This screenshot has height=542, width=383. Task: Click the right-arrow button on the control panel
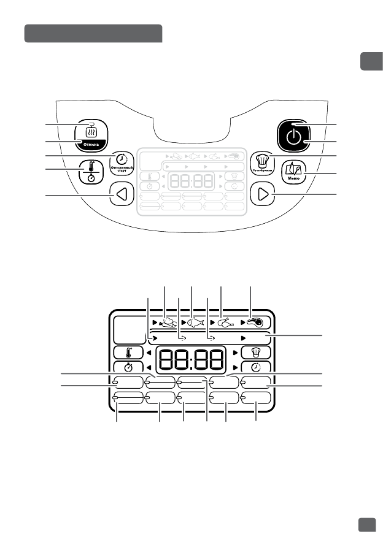[x=263, y=196]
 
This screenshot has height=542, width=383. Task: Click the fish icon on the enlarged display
[x=195, y=321]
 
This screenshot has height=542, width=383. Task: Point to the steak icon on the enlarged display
[x=253, y=322]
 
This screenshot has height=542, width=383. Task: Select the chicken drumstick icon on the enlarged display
[x=225, y=322]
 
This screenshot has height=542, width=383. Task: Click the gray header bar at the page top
[x=93, y=34]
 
